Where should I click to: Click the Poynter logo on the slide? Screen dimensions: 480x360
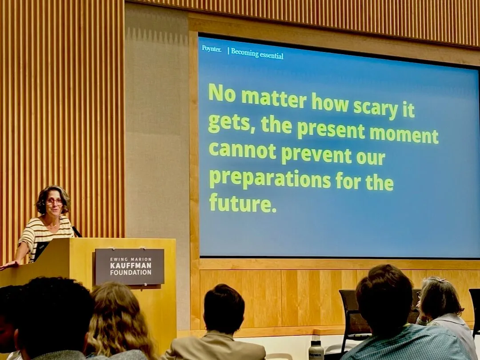pos(211,49)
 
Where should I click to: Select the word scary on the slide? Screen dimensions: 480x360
pos(376,108)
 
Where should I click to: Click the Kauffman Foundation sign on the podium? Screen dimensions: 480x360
pos(129,266)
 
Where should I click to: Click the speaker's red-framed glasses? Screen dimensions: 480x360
pos(54,202)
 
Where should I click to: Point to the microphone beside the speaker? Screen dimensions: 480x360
pos(76,232)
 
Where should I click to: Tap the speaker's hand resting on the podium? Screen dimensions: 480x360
pos(8,265)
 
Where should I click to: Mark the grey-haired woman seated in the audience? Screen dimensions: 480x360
pos(444,309)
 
